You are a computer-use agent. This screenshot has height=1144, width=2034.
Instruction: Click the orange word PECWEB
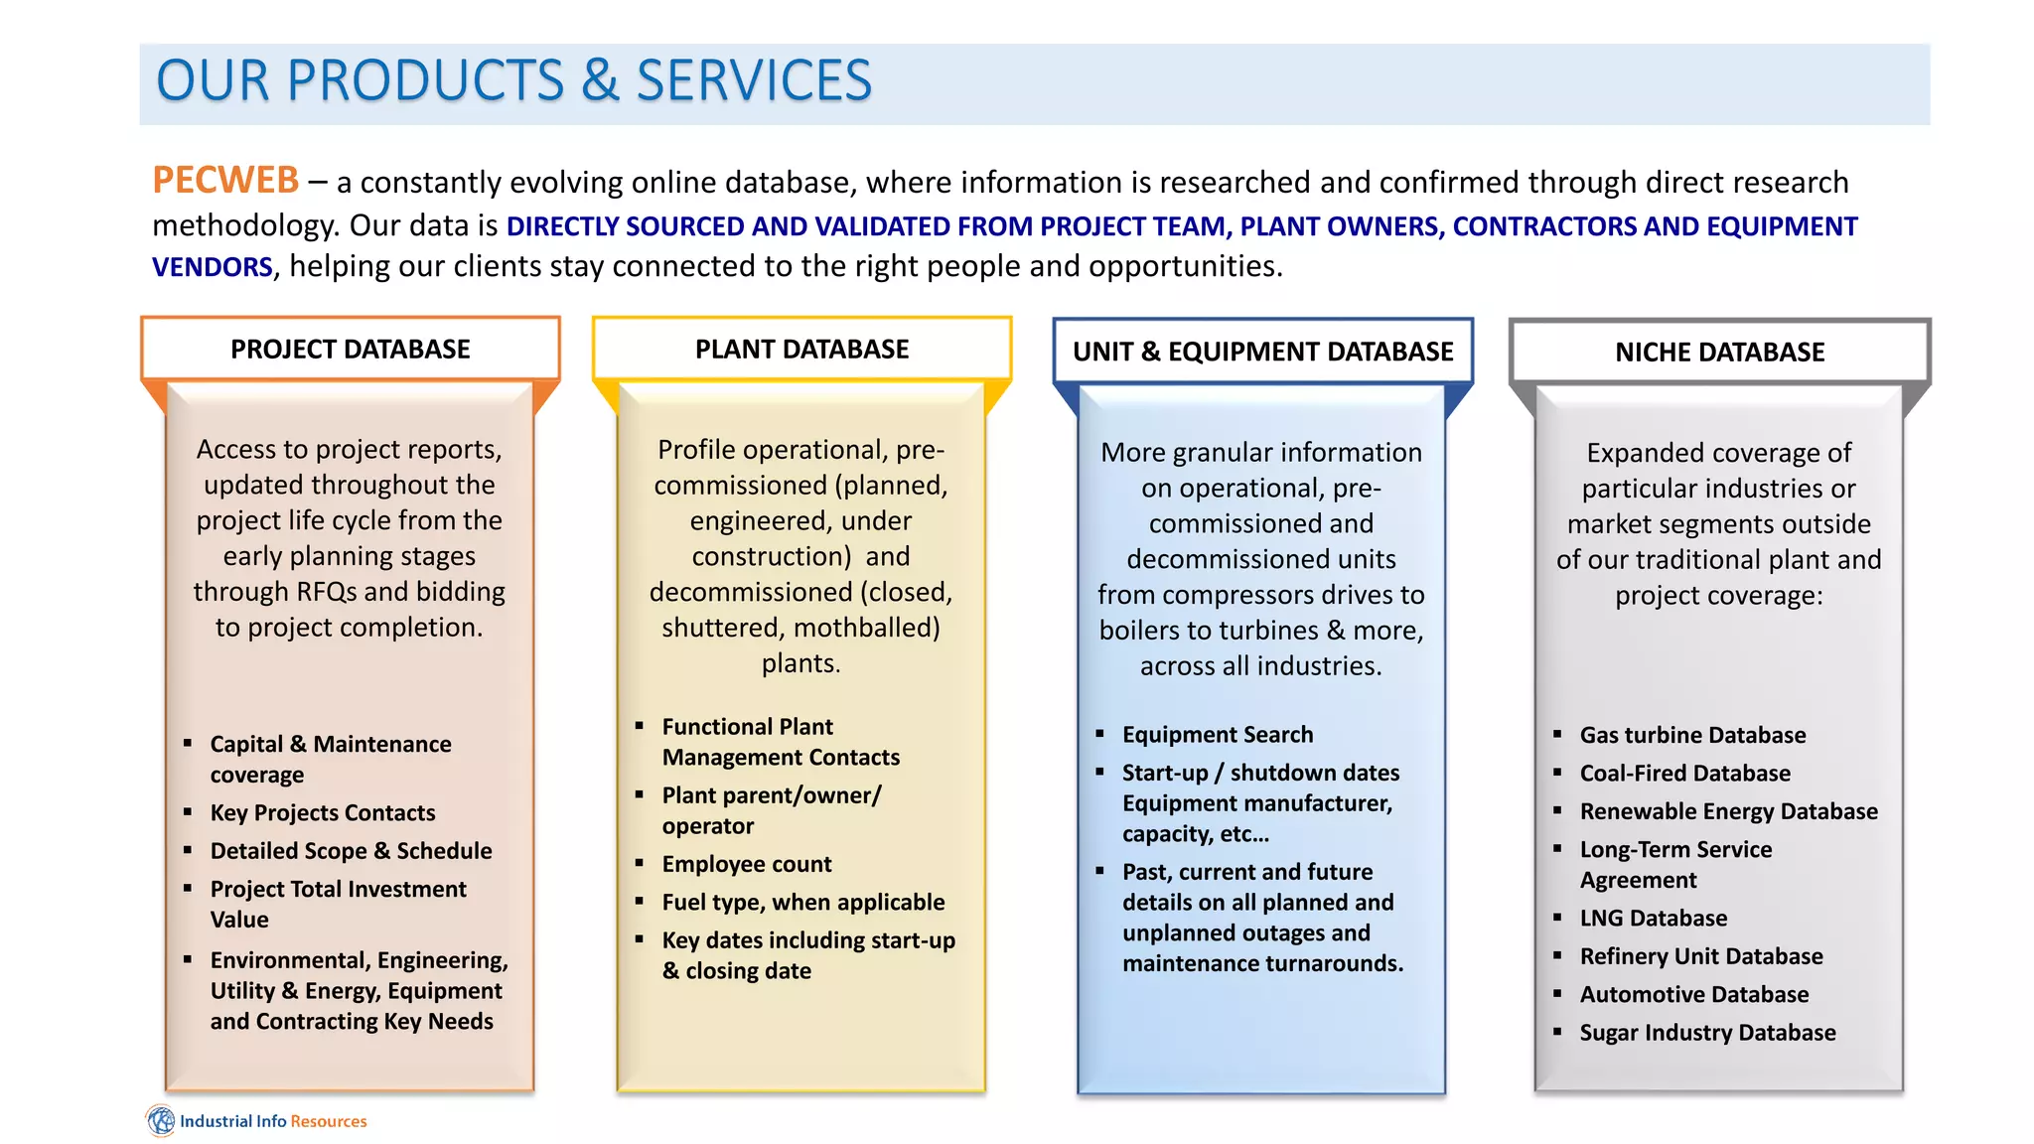click(x=225, y=181)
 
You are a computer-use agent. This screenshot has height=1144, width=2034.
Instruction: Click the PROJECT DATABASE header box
click(x=351, y=350)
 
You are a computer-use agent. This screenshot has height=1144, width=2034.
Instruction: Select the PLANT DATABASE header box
click(x=801, y=350)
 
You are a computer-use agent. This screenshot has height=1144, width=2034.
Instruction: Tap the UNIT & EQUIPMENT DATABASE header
click(x=1262, y=352)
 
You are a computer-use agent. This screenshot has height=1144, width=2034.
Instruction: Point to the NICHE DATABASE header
click(x=1719, y=352)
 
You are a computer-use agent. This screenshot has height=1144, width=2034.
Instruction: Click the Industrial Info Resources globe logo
click(x=161, y=1120)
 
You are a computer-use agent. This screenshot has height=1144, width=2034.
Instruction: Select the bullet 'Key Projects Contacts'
click(x=323, y=812)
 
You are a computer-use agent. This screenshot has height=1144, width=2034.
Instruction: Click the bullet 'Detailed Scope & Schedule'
click(x=351, y=851)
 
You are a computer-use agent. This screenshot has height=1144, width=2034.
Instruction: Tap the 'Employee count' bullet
click(x=747, y=864)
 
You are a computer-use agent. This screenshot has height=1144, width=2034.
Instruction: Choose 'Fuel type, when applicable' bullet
click(x=803, y=902)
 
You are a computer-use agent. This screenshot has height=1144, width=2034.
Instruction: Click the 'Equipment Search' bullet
click(x=1218, y=735)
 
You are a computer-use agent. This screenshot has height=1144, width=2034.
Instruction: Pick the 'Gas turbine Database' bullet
click(x=1692, y=735)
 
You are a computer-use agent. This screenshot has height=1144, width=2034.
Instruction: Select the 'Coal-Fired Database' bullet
click(x=1685, y=773)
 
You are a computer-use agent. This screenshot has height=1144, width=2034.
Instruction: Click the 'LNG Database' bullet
click(x=1654, y=918)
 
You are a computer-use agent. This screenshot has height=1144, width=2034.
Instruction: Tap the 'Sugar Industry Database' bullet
click(x=1707, y=1033)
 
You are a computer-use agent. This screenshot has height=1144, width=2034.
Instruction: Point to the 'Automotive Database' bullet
click(x=1694, y=994)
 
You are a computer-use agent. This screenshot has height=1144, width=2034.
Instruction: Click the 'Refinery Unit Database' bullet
click(x=1701, y=956)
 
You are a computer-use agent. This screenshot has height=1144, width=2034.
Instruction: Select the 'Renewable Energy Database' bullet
click(x=1728, y=811)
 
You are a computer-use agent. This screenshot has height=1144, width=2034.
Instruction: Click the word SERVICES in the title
click(x=754, y=81)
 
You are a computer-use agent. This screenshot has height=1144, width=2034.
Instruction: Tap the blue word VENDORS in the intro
click(x=212, y=267)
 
